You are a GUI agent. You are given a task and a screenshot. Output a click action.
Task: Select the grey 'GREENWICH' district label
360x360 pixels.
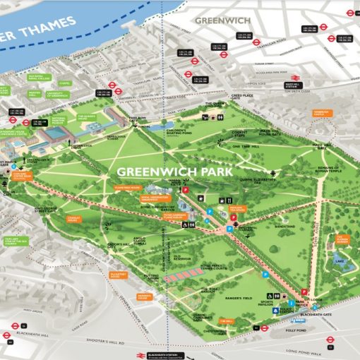point(224,20)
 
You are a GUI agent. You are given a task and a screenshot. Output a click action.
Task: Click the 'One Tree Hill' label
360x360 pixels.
point(246,145)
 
